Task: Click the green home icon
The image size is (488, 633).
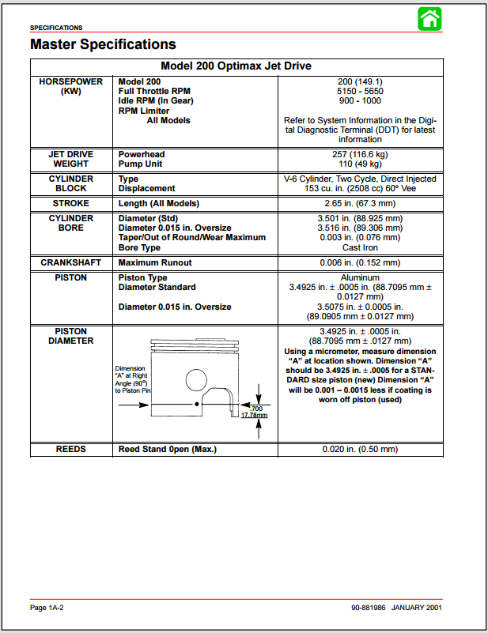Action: (430, 19)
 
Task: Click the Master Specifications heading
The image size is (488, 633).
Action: (103, 44)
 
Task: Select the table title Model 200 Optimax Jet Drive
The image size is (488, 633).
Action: (236, 66)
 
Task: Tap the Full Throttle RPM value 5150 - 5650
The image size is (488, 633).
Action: (360, 91)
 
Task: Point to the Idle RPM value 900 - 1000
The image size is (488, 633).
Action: (360, 101)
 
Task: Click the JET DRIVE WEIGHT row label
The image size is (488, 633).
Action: (71, 159)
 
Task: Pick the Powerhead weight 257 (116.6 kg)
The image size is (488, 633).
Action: (360, 154)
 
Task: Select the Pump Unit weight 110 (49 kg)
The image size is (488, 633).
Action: (360, 164)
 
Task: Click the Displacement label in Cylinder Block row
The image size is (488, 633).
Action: (146, 189)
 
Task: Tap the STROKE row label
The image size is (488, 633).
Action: (71, 203)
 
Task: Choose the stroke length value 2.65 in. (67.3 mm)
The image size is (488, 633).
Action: (360, 203)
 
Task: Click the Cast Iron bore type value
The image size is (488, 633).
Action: (360, 248)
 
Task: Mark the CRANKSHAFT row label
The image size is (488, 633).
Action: (71, 262)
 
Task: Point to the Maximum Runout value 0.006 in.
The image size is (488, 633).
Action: (360, 262)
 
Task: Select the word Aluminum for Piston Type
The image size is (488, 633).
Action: (360, 278)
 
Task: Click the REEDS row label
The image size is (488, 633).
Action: (71, 450)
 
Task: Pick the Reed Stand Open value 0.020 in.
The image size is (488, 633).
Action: (360, 450)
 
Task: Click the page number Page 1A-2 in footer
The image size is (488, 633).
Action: (47, 608)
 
